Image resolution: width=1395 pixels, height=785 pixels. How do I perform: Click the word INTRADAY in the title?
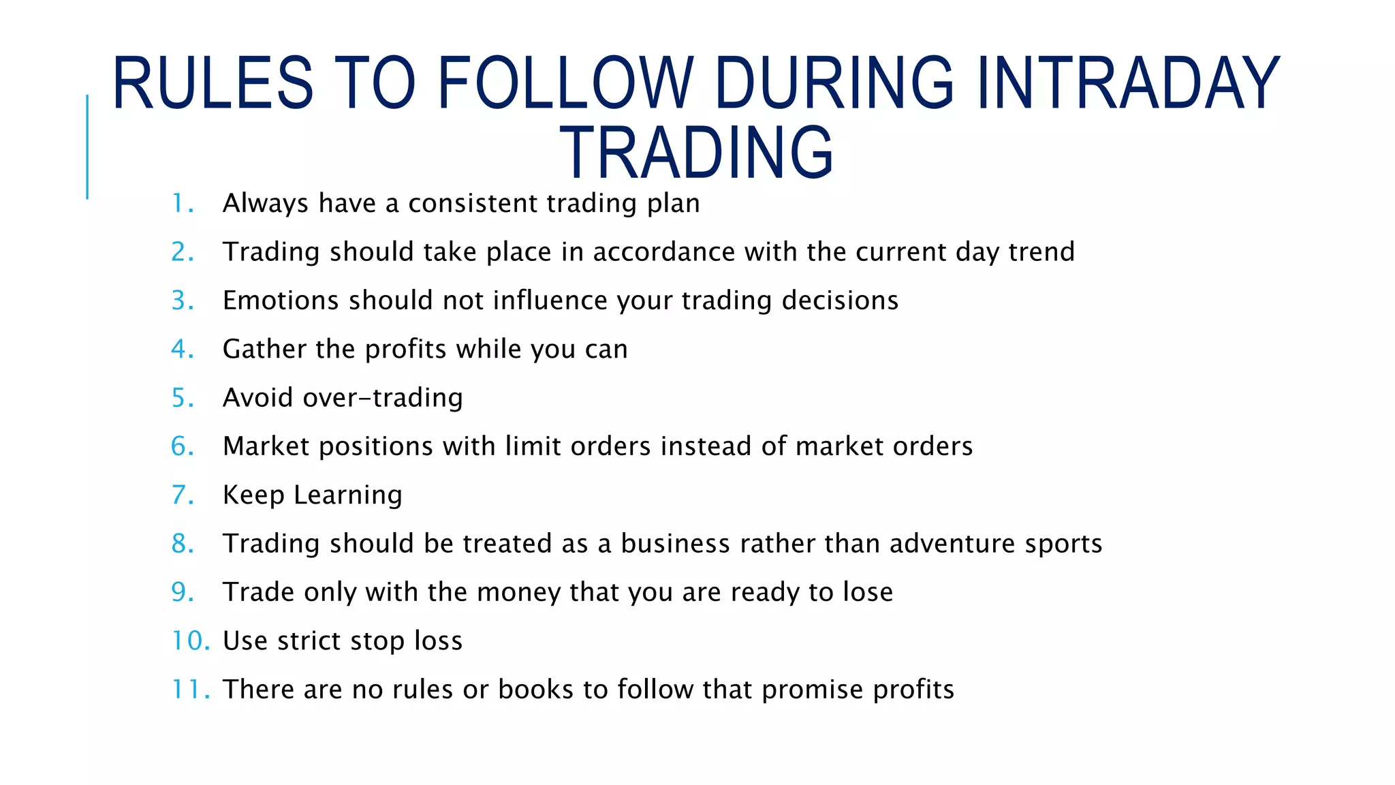pyautogui.click(x=1128, y=83)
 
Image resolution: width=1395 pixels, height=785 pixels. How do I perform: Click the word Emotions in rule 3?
pyautogui.click(x=281, y=301)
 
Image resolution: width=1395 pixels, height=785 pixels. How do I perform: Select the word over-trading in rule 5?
pyautogui.click(x=383, y=398)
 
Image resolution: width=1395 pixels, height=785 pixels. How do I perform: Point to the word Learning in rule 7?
pyautogui.click(x=348, y=495)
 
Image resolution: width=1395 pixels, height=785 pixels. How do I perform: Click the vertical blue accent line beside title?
pyautogui.click(x=87, y=147)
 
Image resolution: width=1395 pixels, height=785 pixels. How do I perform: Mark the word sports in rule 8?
pyautogui.click(x=1063, y=544)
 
